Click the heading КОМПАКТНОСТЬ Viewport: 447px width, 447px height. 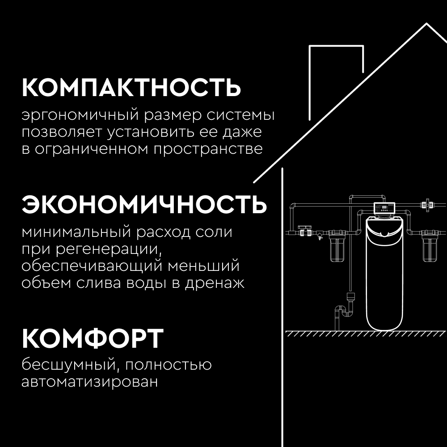(131, 88)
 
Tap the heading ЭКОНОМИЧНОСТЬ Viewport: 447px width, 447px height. (144, 205)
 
